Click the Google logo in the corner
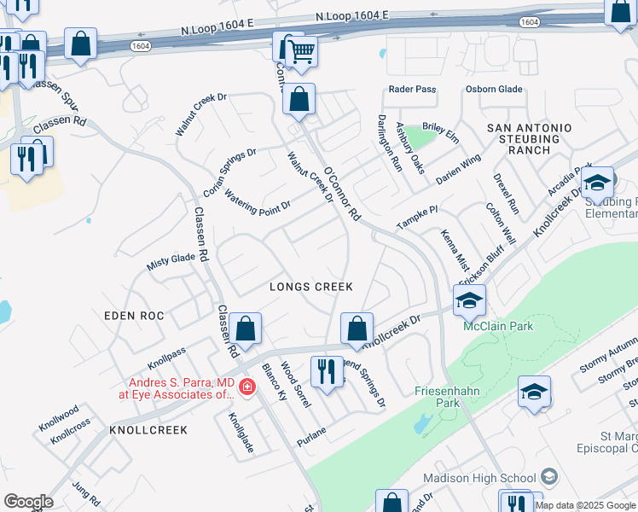coord(28,502)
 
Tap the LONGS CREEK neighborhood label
coord(311,288)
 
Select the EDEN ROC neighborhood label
coord(133,316)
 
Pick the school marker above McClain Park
coord(469,300)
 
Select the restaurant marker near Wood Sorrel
coord(326,372)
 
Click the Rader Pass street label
coord(412,90)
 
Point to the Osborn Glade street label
coord(493,90)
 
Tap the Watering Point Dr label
coord(258,200)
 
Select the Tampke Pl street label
coord(416,217)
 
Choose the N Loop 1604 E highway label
coord(351,16)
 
